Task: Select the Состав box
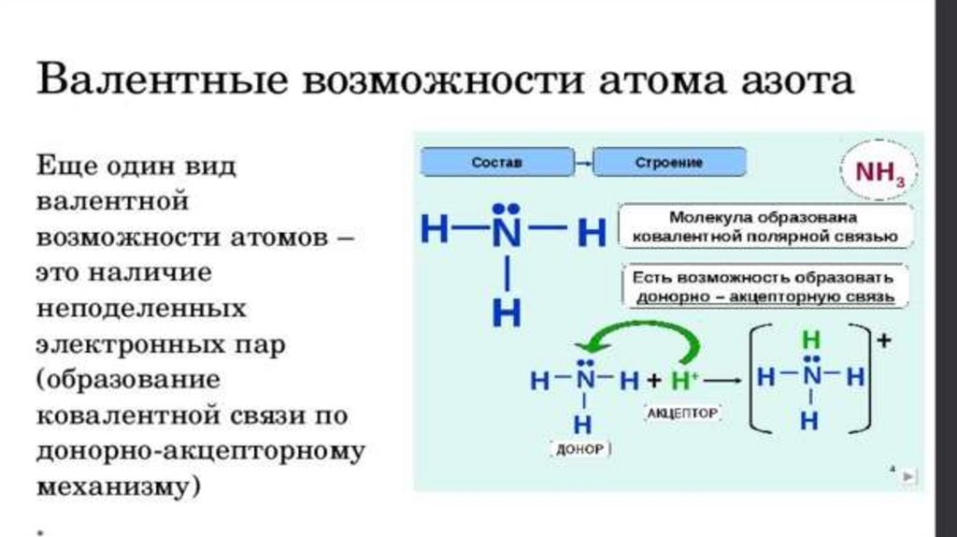tap(496, 162)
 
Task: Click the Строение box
tap(669, 162)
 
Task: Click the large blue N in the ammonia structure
tap(506, 231)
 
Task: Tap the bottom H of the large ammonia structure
tap(506, 313)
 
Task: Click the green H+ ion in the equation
tap(685, 381)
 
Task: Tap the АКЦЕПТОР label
tap(682, 412)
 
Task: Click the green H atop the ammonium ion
tap(811, 340)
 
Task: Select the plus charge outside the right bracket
tap(882, 341)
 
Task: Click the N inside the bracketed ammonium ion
tap(811, 378)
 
